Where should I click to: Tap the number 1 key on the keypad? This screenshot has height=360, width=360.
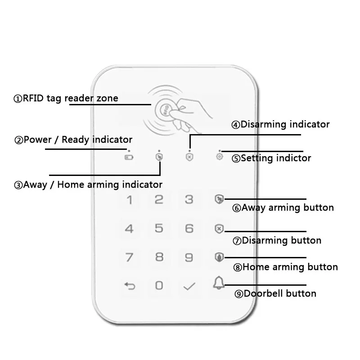tap(130, 200)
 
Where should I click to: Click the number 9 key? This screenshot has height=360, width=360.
tap(189, 257)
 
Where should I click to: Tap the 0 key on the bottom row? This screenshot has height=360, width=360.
tap(159, 285)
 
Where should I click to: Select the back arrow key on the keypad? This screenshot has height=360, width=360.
tap(130, 285)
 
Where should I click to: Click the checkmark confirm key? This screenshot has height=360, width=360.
tap(189, 285)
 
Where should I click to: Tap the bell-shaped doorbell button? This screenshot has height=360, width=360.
tap(219, 283)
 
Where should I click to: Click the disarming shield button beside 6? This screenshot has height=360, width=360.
tap(219, 229)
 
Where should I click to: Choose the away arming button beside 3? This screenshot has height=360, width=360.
tap(219, 199)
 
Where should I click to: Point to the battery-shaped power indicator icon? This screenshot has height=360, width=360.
tap(129, 157)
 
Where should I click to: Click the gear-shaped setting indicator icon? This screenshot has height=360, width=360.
tap(219, 157)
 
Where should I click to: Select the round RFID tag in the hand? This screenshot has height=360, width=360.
tap(162, 109)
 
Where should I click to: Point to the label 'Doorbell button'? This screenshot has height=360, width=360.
tap(275, 294)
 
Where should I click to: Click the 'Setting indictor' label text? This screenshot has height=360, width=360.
tap(271, 158)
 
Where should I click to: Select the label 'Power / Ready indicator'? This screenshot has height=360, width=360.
tap(74, 139)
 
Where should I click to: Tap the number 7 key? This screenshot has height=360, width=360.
tap(130, 257)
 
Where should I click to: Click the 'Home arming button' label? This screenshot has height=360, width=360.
tap(285, 267)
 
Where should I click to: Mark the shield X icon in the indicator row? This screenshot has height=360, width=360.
tap(189, 157)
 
